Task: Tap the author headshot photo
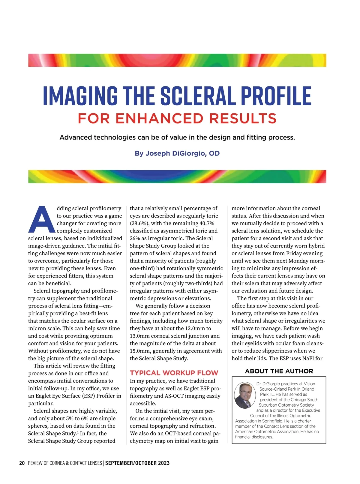click(245, 395)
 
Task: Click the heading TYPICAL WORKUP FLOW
click(174, 373)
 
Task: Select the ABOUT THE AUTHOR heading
click(279, 371)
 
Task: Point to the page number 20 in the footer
click(22, 463)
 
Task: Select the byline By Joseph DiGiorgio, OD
click(177, 153)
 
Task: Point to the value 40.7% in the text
click(207, 223)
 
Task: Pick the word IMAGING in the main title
click(80, 96)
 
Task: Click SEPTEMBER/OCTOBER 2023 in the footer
click(137, 463)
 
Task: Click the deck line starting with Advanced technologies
click(177, 137)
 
